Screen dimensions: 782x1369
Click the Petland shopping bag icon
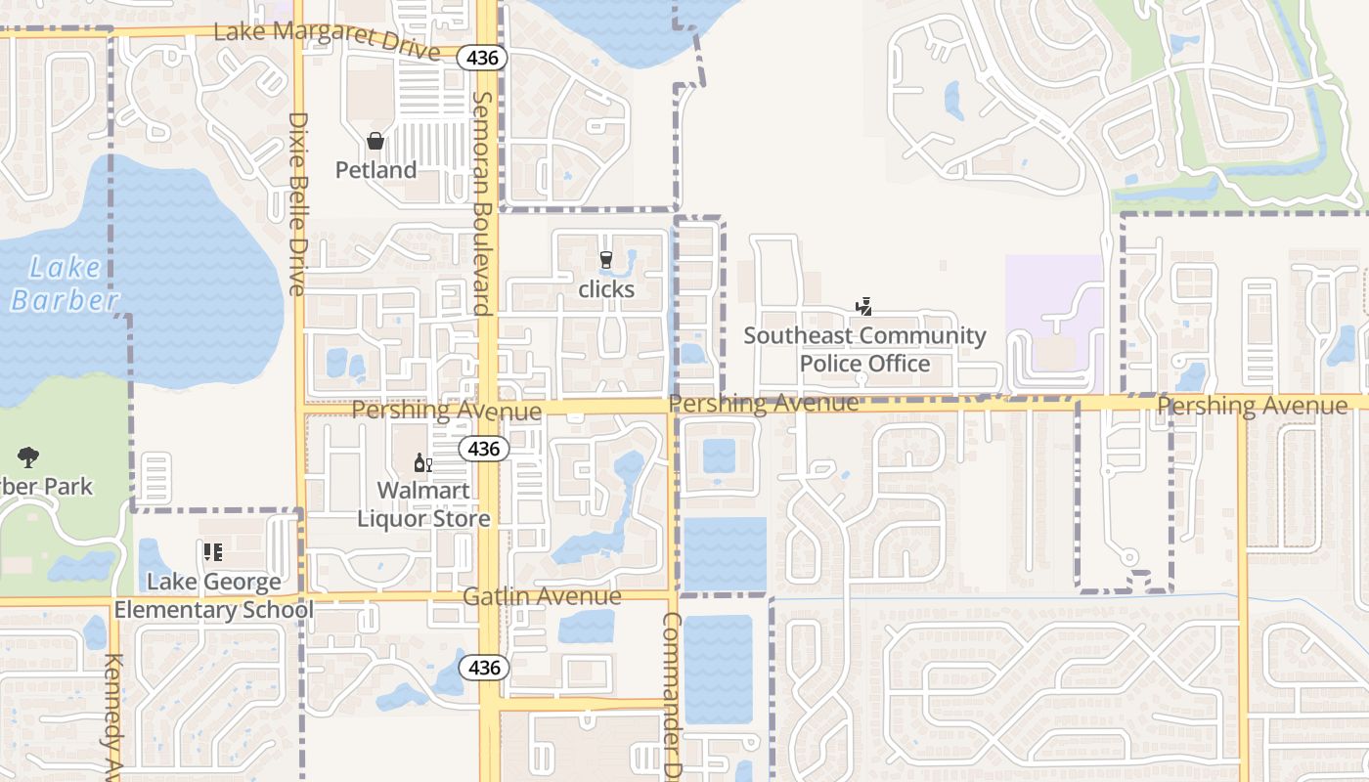tap(375, 142)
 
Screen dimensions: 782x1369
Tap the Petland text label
tap(375, 170)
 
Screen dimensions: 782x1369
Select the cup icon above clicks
tap(606, 260)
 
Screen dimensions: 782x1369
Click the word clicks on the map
tap(606, 289)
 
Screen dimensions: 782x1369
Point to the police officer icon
tap(863, 307)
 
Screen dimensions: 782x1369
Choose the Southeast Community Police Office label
tap(865, 350)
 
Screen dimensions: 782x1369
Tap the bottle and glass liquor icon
tap(423, 462)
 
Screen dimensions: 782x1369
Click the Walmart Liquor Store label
tap(423, 504)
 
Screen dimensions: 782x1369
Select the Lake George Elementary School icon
tap(213, 552)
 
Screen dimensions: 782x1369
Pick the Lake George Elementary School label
tap(214, 596)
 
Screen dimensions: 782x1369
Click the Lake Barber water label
tap(65, 283)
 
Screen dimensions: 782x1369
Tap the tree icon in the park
tap(28, 456)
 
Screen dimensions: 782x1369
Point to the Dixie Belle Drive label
tap(297, 203)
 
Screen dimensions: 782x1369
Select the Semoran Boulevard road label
tap(481, 203)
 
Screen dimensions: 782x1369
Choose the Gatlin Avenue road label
tap(542, 596)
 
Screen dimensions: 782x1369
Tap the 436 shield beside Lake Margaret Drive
tap(482, 59)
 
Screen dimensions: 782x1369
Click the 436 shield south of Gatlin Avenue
tap(484, 669)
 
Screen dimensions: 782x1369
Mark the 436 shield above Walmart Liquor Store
tap(484, 450)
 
